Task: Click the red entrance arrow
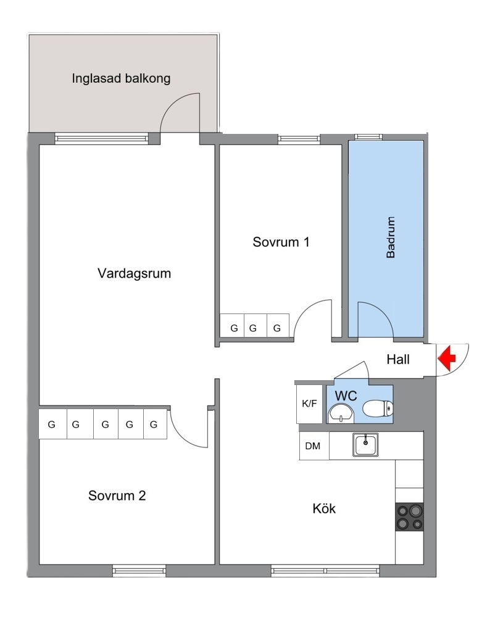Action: (x=446, y=359)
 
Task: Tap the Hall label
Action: (x=398, y=360)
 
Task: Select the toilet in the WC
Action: (x=378, y=408)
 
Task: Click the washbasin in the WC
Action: (x=341, y=412)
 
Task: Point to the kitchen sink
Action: (x=365, y=445)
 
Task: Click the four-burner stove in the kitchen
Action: (x=409, y=516)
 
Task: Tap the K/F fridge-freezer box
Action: (x=309, y=404)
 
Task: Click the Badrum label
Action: (x=391, y=238)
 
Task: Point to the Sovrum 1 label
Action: (x=281, y=242)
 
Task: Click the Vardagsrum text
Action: (x=134, y=273)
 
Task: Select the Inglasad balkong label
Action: (x=121, y=78)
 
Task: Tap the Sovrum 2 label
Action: (x=117, y=496)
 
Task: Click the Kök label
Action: (x=324, y=508)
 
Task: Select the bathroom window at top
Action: (x=368, y=137)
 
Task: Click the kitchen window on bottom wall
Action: (x=325, y=570)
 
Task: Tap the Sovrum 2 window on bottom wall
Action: (x=139, y=570)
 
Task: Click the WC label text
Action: (x=346, y=396)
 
